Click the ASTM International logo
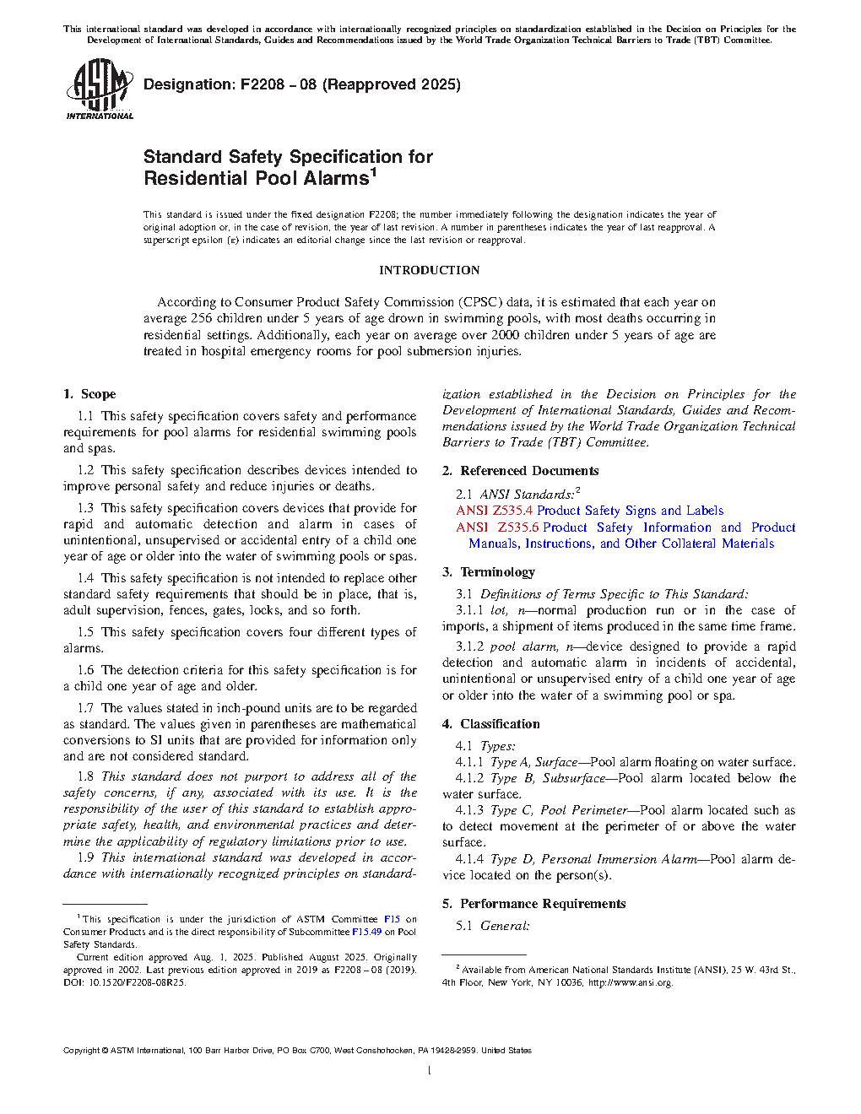click(x=99, y=89)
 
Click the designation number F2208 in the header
click(x=262, y=84)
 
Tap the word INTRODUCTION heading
click(x=429, y=270)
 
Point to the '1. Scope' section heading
click(x=89, y=394)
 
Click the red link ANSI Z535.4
click(x=494, y=511)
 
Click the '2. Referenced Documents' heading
click(x=520, y=471)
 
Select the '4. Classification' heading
click(x=490, y=724)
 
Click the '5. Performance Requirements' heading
click(x=533, y=904)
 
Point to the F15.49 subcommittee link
click(x=366, y=932)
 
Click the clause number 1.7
click(x=85, y=708)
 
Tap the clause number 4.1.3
click(x=469, y=810)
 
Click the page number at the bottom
click(x=430, y=1071)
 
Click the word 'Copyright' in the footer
click(x=81, y=1051)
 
